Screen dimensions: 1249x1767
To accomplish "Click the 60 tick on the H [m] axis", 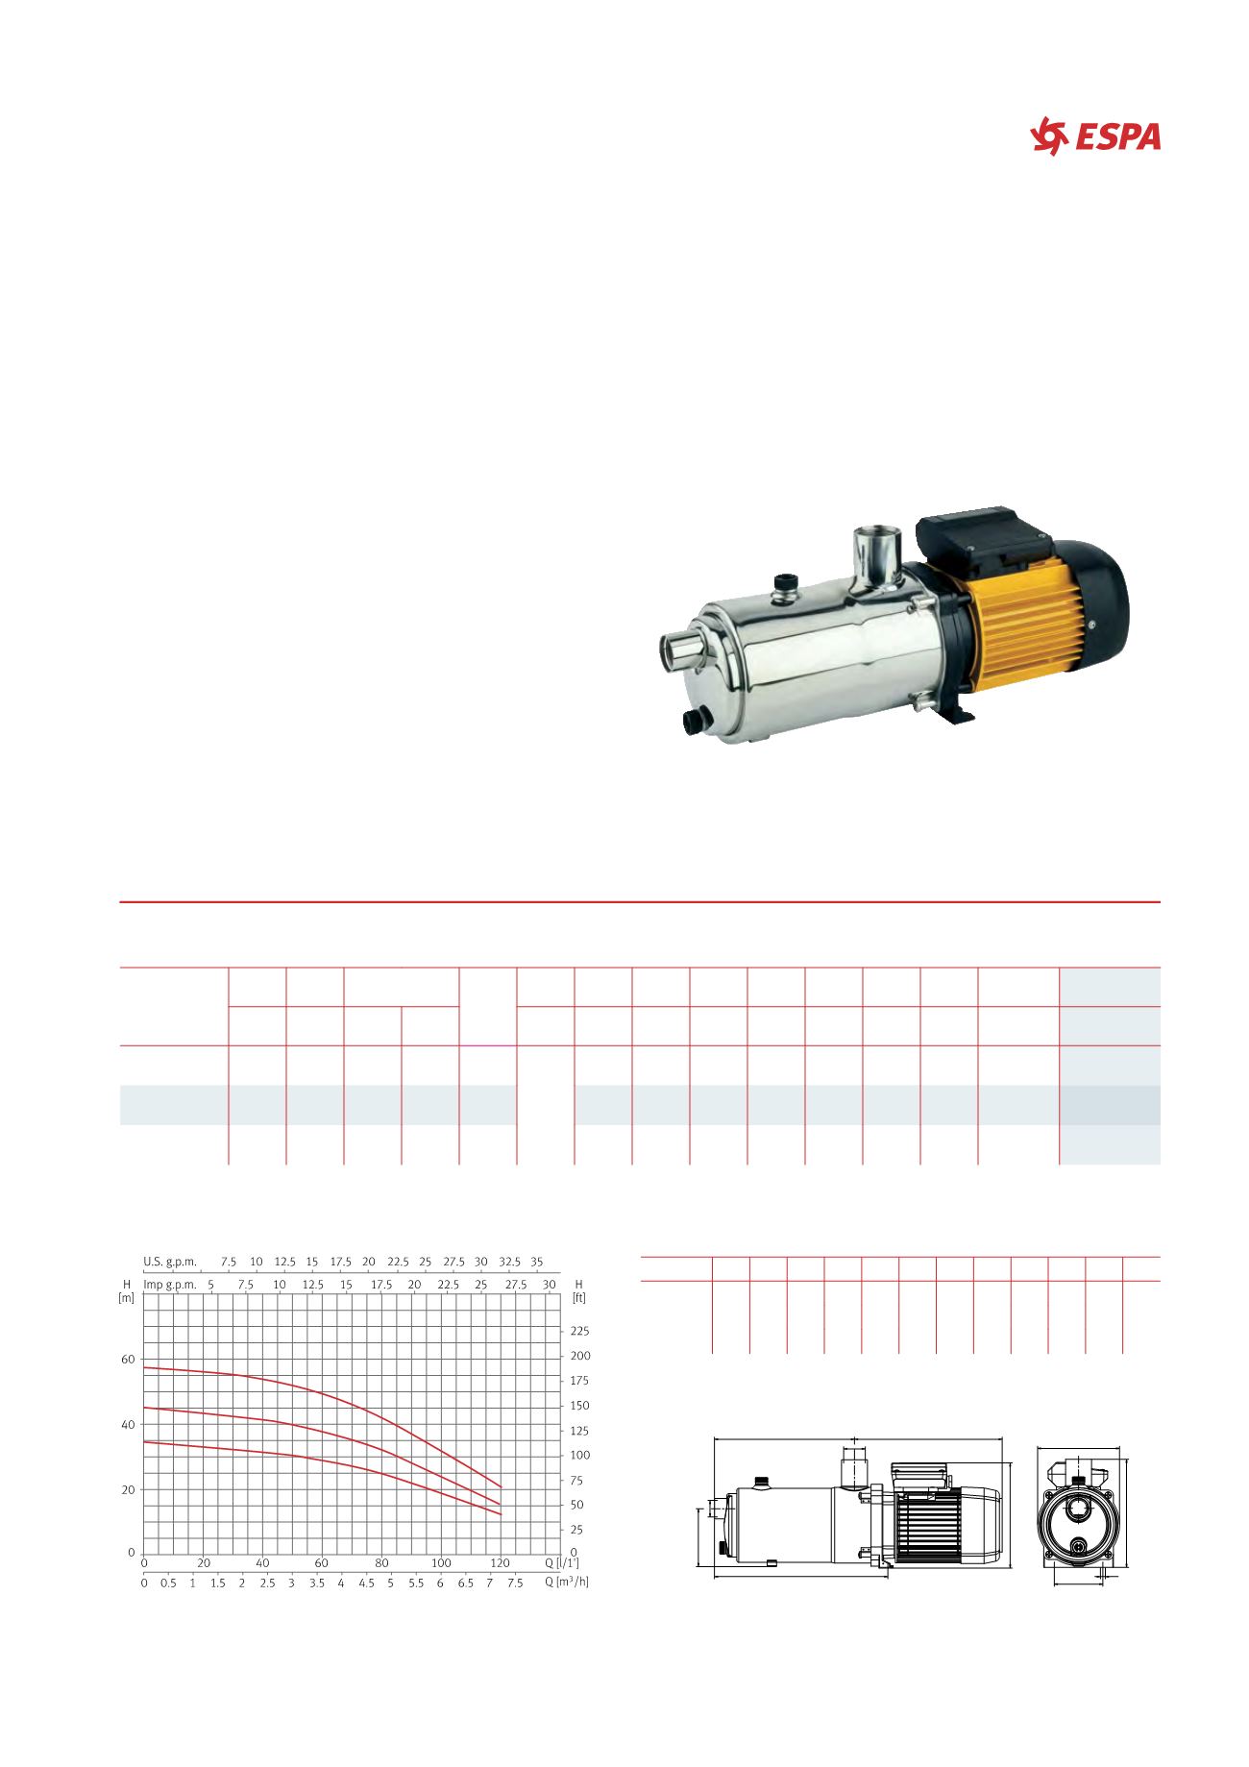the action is point(128,1360).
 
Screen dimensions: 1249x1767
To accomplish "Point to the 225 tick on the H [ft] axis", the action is point(579,1332).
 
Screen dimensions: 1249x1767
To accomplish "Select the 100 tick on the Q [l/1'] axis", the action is point(441,1562).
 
